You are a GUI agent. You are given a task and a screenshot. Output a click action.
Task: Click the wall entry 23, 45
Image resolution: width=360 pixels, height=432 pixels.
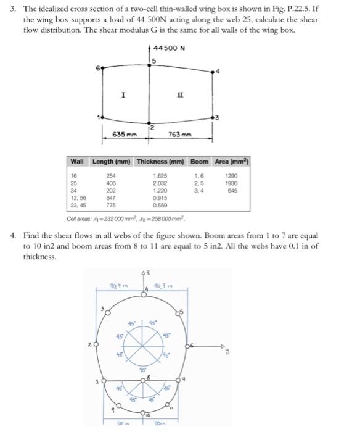click(x=79, y=204)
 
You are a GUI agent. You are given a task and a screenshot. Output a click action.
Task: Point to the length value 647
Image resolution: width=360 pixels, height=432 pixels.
click(x=112, y=197)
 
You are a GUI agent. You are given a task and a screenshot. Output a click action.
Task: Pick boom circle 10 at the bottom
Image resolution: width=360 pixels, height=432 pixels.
click(x=143, y=412)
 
